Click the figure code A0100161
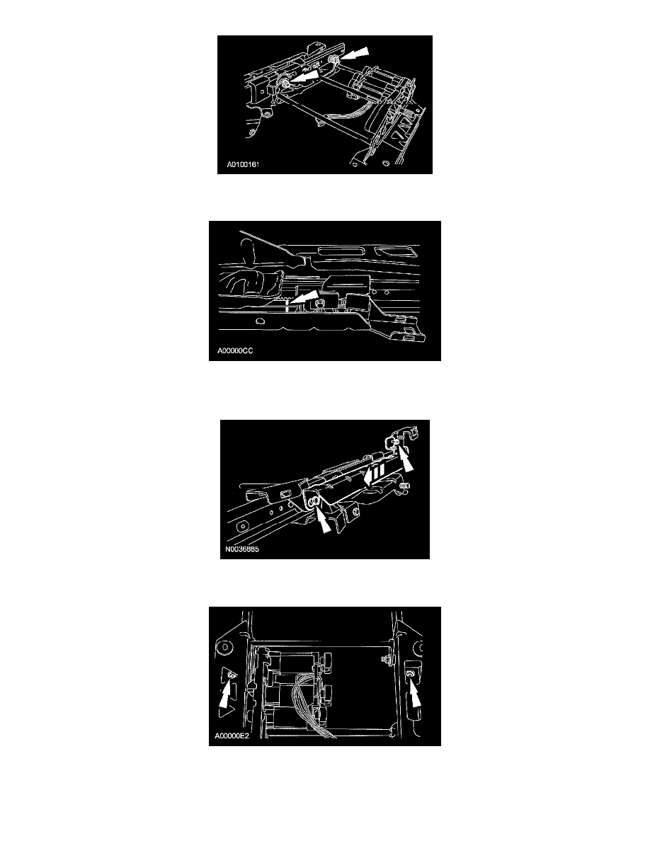point(242,164)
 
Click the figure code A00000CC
point(235,351)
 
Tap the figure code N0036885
point(242,549)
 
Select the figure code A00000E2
point(232,736)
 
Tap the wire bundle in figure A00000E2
point(310,707)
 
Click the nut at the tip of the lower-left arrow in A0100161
point(284,83)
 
